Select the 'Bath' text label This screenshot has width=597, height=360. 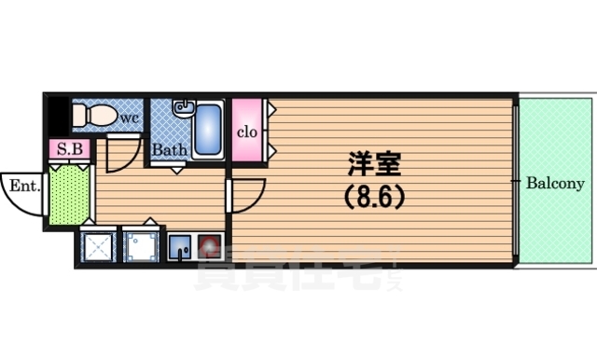[x=169, y=149]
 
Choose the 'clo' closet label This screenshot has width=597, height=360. [x=246, y=132]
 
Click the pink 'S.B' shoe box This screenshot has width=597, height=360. [x=69, y=149]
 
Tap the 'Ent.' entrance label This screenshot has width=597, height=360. [x=23, y=186]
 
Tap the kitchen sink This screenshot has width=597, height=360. [x=179, y=246]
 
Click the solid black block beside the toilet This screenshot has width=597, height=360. [x=59, y=116]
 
